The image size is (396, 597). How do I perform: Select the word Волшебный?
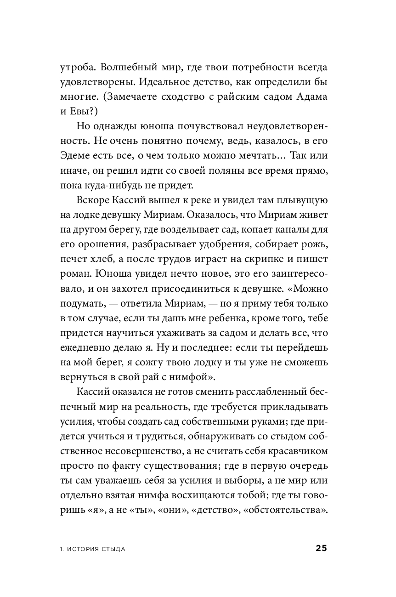coord(127,68)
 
